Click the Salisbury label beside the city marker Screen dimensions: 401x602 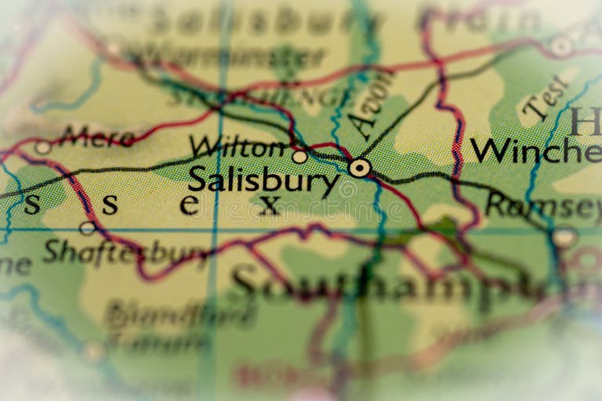click(263, 180)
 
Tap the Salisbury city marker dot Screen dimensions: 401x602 click(360, 168)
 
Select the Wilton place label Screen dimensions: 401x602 click(238, 146)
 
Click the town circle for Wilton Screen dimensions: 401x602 click(299, 157)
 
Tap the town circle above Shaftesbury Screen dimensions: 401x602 click(88, 228)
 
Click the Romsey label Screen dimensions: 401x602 click(540, 205)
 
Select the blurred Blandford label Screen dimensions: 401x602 click(180, 313)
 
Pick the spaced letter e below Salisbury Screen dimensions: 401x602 click(189, 205)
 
